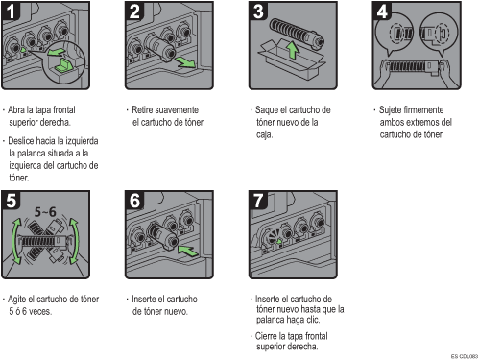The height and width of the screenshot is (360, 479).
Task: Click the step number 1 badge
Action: (11, 12)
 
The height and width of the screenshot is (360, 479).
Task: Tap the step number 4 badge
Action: (382, 12)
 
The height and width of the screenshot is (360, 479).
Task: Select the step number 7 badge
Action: (258, 201)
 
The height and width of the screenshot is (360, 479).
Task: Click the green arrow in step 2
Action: (185, 62)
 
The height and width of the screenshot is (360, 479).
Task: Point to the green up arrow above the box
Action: (292, 51)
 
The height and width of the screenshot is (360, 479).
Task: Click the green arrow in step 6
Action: (188, 251)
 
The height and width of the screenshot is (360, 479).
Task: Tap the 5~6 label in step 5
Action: (45, 212)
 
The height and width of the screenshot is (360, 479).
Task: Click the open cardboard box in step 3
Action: (291, 60)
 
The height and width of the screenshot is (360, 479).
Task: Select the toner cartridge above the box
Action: (297, 33)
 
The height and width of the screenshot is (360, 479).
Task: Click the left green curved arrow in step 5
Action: (15, 241)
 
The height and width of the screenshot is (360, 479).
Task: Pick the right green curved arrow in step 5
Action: (75, 241)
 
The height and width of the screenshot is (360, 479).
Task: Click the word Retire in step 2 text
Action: (141, 109)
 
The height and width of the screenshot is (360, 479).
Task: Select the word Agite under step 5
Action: (16, 300)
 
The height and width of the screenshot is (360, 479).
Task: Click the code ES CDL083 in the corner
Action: (465, 356)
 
